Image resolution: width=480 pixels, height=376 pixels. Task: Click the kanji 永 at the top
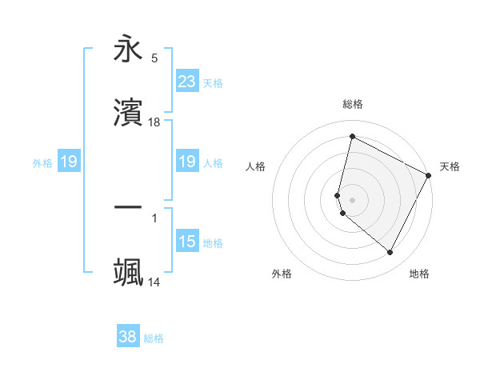click(128, 50)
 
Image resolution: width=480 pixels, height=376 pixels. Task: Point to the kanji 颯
click(128, 273)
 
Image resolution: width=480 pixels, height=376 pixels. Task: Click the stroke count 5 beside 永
click(154, 58)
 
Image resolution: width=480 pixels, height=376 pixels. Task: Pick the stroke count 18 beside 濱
click(154, 122)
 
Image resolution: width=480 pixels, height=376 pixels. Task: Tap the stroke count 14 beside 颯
click(154, 282)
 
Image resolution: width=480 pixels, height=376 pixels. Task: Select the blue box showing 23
click(186, 82)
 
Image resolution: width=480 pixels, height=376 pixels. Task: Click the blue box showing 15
click(186, 242)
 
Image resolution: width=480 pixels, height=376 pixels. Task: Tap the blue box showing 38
click(127, 337)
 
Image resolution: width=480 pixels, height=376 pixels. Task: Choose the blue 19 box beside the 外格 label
click(69, 162)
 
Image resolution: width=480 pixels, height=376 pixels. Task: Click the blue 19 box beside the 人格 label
click(186, 162)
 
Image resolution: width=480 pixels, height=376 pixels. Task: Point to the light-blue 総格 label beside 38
click(154, 338)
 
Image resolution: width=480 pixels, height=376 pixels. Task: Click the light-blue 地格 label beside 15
click(213, 243)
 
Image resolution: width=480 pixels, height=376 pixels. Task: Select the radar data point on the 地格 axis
click(390, 253)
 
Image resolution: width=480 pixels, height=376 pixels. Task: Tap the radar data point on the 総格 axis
click(352, 137)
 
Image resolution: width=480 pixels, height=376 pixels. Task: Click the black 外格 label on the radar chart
click(282, 274)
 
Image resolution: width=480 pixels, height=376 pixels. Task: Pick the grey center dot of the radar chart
click(352, 199)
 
